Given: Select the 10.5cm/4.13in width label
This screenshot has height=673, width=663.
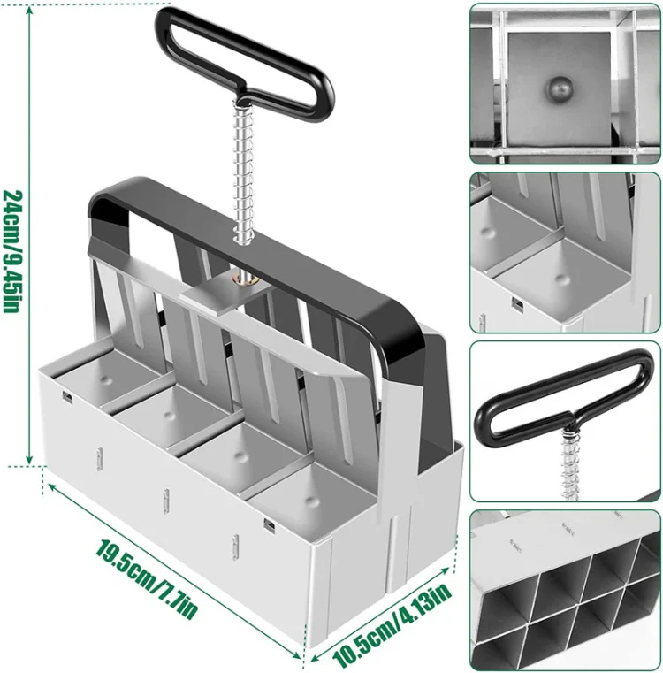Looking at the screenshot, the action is coord(391,623).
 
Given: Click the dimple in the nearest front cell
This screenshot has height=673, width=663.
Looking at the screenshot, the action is coord(311,500).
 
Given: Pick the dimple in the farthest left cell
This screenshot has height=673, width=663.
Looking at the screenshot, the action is coord(105,380).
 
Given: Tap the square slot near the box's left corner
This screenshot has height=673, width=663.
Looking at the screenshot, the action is coord(67,397).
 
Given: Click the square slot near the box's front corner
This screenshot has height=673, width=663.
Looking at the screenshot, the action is coord(269,525).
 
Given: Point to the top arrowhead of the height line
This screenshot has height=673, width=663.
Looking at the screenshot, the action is coord(29,10).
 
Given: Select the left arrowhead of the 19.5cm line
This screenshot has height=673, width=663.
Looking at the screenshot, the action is coord(52,486).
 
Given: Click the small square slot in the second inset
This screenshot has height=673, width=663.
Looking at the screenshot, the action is coord(517,304).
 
